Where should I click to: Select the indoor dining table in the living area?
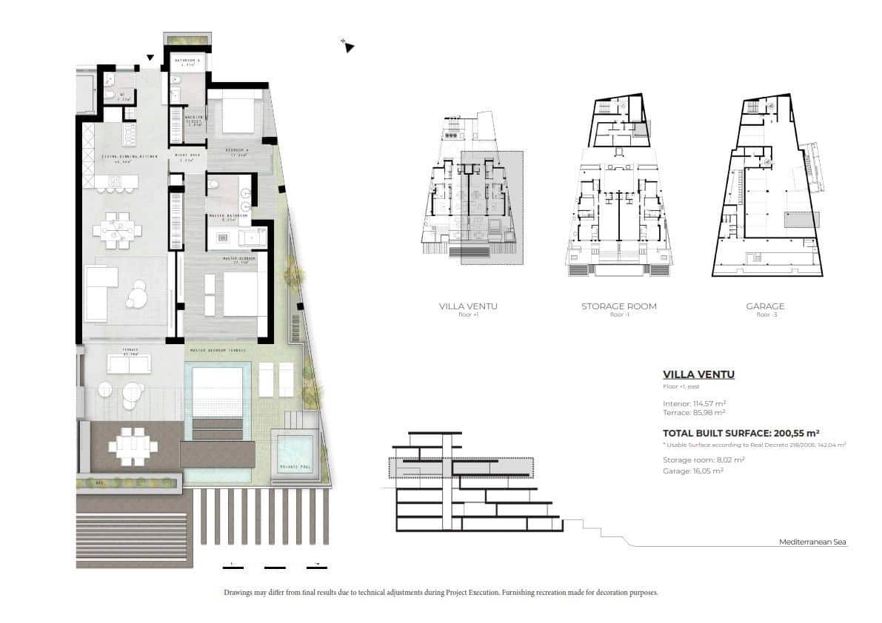tap(116, 230)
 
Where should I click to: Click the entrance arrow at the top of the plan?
tap(151, 57)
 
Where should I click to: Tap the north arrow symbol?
tap(348, 47)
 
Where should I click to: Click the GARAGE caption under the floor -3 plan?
tap(765, 306)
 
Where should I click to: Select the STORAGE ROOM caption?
tap(618, 306)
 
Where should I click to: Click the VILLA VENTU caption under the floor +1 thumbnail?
tap(468, 306)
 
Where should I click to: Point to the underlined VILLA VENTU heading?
tap(698, 374)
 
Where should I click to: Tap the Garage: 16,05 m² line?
tap(693, 470)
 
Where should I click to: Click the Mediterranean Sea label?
tap(812, 542)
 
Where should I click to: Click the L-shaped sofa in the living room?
tap(101, 293)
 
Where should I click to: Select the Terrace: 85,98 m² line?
tap(693, 412)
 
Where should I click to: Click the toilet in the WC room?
tap(109, 95)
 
